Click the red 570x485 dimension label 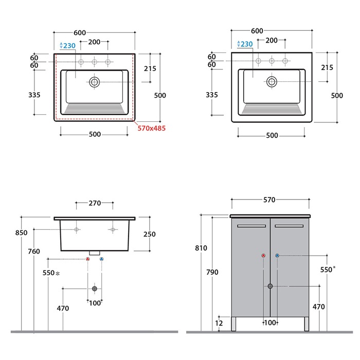(152, 128)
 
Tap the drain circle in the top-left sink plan (94, 82)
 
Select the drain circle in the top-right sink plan (272, 81)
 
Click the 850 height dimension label (22, 232)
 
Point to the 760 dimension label (34, 251)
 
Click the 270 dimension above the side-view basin (95, 203)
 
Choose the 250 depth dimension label (150, 234)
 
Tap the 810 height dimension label (201, 248)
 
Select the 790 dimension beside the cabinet (212, 272)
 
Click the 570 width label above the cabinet (269, 200)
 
